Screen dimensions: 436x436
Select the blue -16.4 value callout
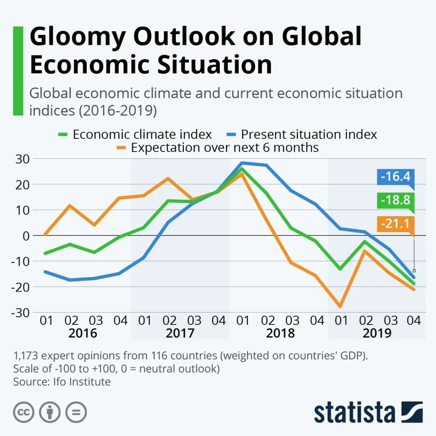click(x=396, y=176)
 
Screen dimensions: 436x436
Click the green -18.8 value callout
click(x=396, y=200)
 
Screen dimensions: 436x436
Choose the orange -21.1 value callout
click(x=396, y=224)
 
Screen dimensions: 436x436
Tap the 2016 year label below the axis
click(x=83, y=333)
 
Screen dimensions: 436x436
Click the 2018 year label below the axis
click(x=280, y=333)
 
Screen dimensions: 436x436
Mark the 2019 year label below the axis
click(x=377, y=333)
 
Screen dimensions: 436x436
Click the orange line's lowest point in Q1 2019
click(x=340, y=307)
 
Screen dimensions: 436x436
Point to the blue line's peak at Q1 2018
click(x=242, y=163)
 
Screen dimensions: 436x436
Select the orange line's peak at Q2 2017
click(x=168, y=178)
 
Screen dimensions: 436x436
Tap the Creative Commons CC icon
click(x=24, y=412)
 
